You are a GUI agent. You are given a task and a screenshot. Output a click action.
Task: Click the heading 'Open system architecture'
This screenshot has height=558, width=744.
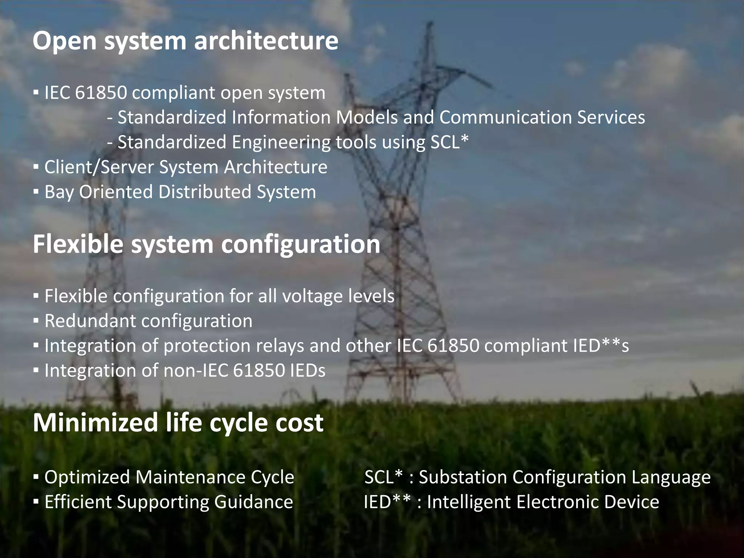185,41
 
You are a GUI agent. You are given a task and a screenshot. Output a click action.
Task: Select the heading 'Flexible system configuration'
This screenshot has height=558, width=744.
206,244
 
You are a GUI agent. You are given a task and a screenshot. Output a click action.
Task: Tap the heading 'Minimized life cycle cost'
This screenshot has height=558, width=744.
178,422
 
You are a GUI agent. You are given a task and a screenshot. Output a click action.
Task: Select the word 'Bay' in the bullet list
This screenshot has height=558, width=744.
59,192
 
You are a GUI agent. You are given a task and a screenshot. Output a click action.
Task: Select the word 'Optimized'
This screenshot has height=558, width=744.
87,477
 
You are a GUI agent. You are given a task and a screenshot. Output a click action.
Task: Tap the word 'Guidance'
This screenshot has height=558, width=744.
254,502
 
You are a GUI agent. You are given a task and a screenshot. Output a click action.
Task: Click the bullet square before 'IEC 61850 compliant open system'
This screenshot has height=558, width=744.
36,93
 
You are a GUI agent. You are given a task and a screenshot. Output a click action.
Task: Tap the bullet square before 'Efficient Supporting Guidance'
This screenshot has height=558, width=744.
36,502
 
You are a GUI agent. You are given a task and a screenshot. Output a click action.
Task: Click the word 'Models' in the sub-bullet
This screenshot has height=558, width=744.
367,117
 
